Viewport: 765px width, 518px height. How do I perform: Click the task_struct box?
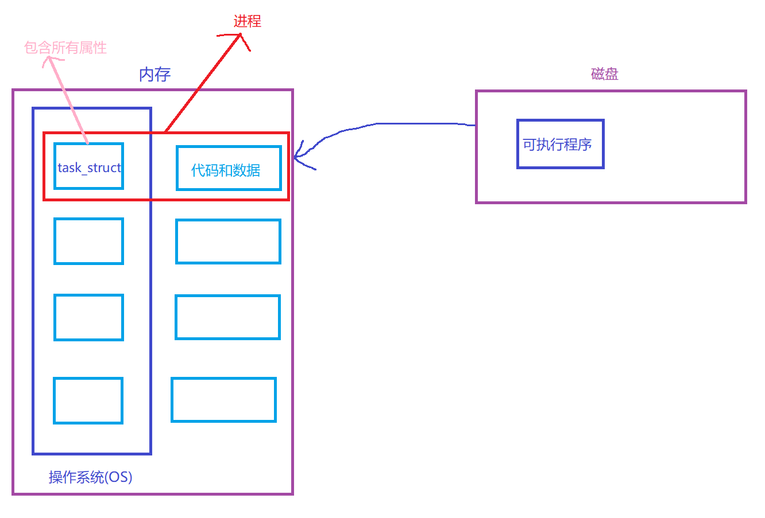(x=88, y=166)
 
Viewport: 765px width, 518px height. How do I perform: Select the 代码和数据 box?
(x=229, y=168)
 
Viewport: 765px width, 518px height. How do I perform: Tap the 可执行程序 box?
(x=560, y=144)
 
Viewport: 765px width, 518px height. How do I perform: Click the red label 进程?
(x=248, y=22)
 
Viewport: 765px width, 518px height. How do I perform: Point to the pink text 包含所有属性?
(x=66, y=48)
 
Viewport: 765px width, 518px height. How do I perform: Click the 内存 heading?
(x=155, y=75)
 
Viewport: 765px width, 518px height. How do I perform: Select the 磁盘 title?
(x=605, y=74)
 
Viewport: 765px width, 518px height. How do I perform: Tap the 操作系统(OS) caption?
(x=91, y=477)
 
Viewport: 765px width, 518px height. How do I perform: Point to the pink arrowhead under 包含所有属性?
(x=48, y=59)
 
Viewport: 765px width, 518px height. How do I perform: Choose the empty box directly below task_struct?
(x=88, y=241)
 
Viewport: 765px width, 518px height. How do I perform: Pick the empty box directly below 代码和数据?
(x=228, y=242)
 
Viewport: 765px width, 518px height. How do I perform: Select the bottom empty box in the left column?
(x=88, y=400)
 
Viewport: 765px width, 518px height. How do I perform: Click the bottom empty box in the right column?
(x=223, y=400)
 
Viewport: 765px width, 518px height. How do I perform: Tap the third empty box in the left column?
(x=88, y=317)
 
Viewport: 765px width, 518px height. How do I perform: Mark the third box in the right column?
(x=227, y=317)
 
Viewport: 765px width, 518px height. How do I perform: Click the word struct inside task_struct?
(x=104, y=168)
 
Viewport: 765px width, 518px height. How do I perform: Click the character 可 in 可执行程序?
(x=529, y=145)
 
